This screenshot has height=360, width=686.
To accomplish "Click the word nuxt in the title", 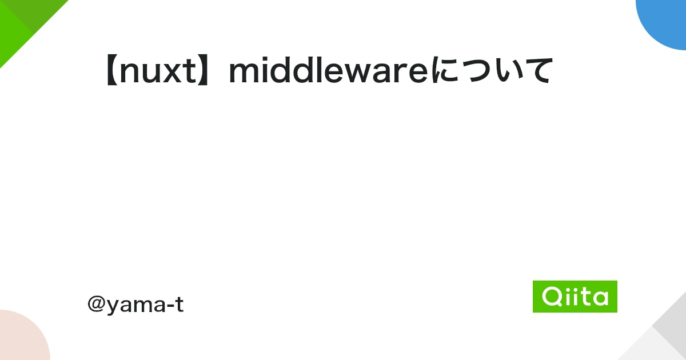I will [157, 71].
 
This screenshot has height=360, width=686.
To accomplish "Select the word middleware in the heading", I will [328, 71].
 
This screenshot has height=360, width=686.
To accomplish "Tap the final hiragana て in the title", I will [537, 71].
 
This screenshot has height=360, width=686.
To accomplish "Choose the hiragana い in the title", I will [509, 71].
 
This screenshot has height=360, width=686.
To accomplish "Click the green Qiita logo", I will [575, 297].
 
